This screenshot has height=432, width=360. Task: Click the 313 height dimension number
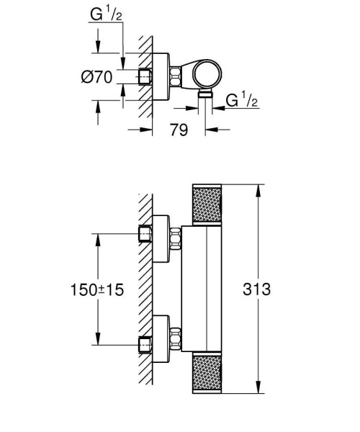click(x=257, y=289)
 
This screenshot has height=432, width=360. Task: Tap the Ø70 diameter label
click(x=97, y=76)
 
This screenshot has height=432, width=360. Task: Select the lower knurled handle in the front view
click(x=208, y=373)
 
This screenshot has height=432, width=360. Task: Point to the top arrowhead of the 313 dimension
click(x=257, y=189)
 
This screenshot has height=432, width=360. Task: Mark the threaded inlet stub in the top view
click(x=146, y=76)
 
